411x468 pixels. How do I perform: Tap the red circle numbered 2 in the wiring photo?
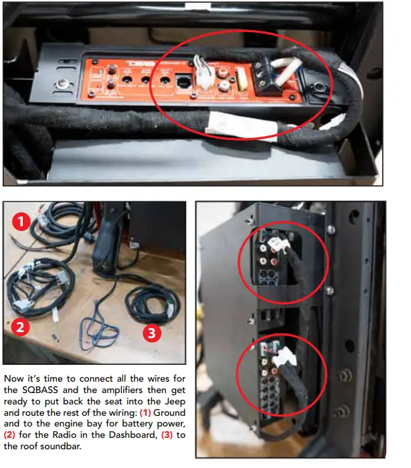tap(21, 327)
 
